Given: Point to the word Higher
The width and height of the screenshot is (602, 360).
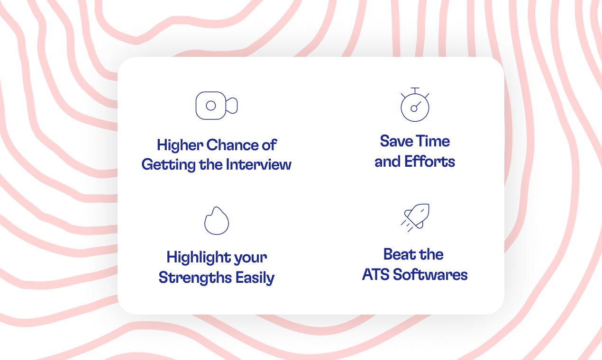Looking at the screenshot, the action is pyautogui.click(x=180, y=145).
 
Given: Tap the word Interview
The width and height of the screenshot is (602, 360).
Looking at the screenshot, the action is pyautogui.click(x=258, y=164).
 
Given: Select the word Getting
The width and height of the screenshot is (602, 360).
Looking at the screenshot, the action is pyautogui.click(x=168, y=165).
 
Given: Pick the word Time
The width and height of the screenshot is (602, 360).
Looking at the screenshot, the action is pyautogui.click(x=433, y=141).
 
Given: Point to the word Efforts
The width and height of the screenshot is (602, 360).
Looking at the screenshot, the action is pyautogui.click(x=430, y=162).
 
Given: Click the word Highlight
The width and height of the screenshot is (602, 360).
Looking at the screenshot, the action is pyautogui.click(x=199, y=258).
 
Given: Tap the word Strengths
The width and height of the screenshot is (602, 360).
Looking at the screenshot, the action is pyautogui.click(x=195, y=278).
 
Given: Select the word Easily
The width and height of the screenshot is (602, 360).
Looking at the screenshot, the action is pyautogui.click(x=255, y=278).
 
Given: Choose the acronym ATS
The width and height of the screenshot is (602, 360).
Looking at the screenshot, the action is pyautogui.click(x=376, y=275).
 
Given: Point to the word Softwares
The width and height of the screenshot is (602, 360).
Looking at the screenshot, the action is pyautogui.click(x=430, y=275).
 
